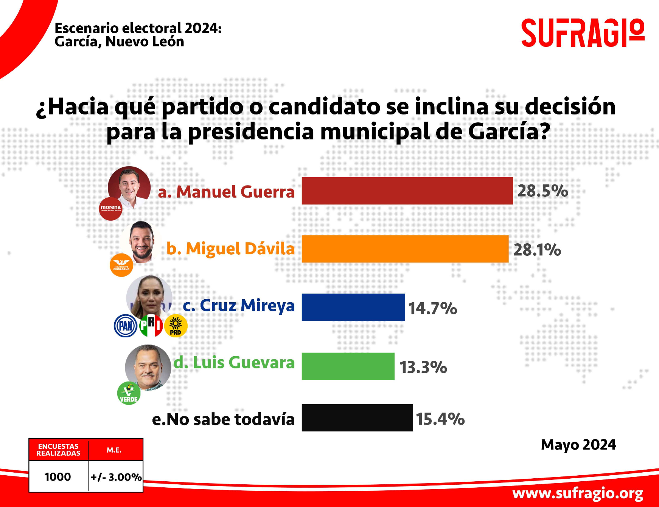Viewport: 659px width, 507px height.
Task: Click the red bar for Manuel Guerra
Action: pos(407,191)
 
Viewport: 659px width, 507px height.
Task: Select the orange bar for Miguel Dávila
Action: pos(405,249)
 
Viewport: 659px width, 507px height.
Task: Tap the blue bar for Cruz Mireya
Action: pos(353,307)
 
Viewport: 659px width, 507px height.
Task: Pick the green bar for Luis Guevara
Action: pos(348,366)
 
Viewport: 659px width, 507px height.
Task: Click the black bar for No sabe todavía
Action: pos(357,418)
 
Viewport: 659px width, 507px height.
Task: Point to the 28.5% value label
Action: pos(542,191)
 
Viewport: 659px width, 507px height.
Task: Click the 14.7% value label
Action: pos(432,308)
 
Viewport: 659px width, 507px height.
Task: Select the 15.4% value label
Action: pos(440,419)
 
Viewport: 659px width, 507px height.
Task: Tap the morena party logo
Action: pos(110,209)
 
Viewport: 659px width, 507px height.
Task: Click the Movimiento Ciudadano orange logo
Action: pos(121,265)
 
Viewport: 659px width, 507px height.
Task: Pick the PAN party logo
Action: pos(126,326)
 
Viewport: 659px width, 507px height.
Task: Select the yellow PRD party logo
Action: pos(176,326)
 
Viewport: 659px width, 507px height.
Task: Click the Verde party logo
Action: pos(129,393)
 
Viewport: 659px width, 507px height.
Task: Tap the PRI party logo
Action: pos(151,325)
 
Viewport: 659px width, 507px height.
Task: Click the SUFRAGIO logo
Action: pos(583,33)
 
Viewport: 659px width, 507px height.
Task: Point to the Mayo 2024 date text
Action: pos(578,445)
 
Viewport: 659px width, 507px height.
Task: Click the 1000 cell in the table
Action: pos(58,477)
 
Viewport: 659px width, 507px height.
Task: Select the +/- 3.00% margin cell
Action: pos(116,477)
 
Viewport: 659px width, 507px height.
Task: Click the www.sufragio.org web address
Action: pos(578,493)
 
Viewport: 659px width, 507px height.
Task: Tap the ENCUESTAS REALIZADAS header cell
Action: pos(58,450)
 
